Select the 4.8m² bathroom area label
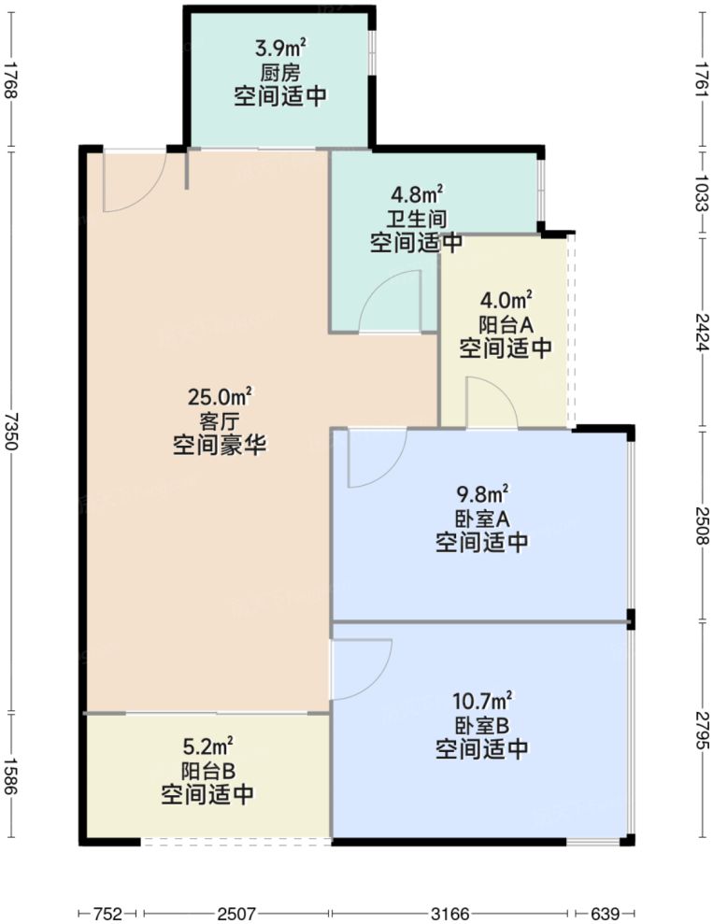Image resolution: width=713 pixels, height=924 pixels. (x=417, y=196)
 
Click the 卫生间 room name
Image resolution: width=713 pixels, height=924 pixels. (x=417, y=220)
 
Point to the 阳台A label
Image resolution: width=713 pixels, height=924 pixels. (x=506, y=325)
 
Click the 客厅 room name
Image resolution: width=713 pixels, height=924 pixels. (x=221, y=421)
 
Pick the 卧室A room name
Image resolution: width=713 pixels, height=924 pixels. (x=482, y=518)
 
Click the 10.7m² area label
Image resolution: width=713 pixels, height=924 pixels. (x=482, y=701)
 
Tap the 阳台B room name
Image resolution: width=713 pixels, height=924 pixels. (x=207, y=771)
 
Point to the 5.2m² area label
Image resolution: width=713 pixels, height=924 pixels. (x=207, y=746)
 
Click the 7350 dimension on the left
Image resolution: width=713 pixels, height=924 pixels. (x=11, y=431)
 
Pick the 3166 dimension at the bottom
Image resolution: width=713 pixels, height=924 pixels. (x=451, y=913)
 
